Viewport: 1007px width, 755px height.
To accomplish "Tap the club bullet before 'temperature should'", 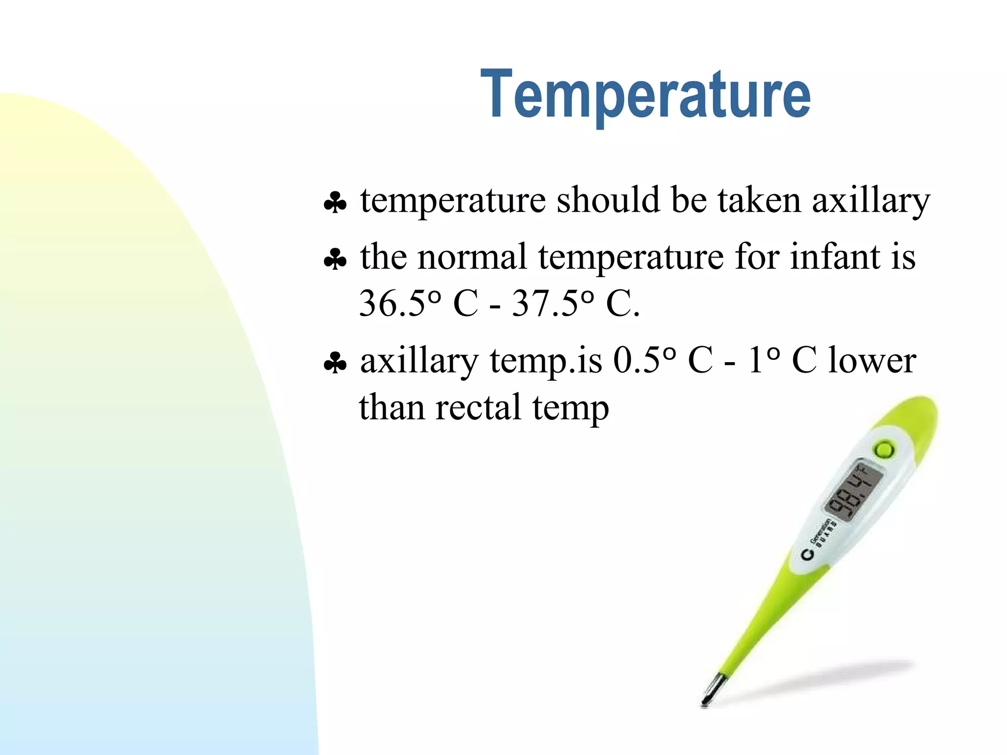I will [x=335, y=203].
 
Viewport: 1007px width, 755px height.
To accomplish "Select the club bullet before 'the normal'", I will [x=335, y=259].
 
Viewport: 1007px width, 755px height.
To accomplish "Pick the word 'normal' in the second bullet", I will [x=472, y=257].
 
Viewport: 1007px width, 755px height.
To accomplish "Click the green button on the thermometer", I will [x=884, y=449].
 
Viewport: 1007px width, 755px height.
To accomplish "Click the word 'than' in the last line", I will [x=391, y=407].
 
